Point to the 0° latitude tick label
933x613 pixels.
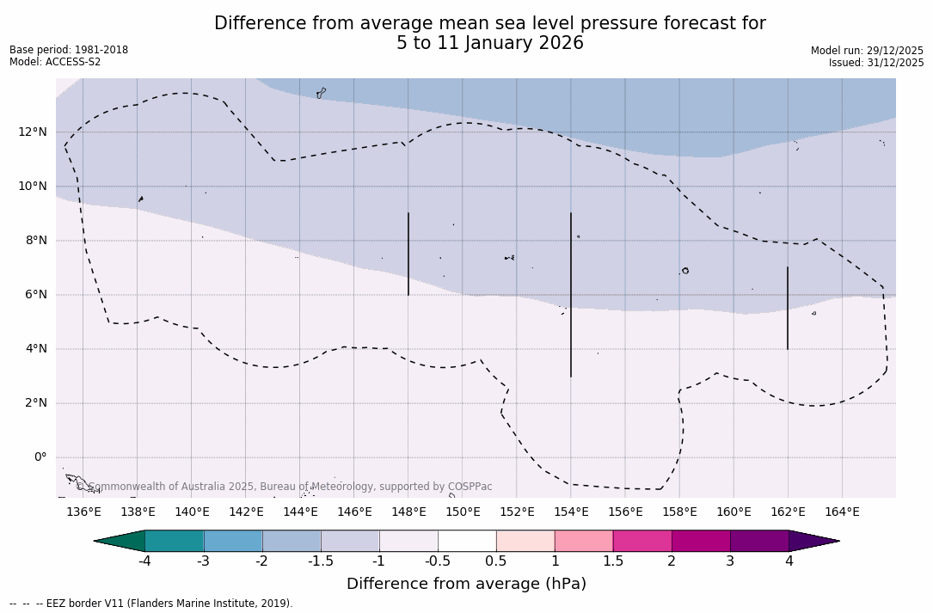pos(40,457)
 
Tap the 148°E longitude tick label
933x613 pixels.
pos(408,512)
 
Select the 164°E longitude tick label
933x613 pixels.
pos(842,512)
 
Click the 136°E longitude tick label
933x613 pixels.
pos(83,512)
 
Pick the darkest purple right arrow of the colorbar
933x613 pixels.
pos(813,541)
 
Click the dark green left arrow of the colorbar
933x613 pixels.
pos(120,541)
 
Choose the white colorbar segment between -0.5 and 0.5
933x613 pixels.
pos(467,541)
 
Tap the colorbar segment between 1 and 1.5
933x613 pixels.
pos(584,541)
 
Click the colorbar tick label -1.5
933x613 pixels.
pos(321,561)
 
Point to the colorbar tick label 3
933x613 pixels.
pos(730,561)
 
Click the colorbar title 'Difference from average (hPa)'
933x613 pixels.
pos(466,584)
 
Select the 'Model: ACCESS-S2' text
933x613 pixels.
pos(55,62)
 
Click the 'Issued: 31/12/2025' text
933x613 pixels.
pos(876,63)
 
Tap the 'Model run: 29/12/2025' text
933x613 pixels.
pos(867,51)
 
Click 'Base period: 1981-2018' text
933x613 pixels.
pos(69,50)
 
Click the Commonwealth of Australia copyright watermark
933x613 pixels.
pos(285,487)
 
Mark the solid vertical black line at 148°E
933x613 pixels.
pos(408,254)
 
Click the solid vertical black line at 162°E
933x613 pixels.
pos(788,308)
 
